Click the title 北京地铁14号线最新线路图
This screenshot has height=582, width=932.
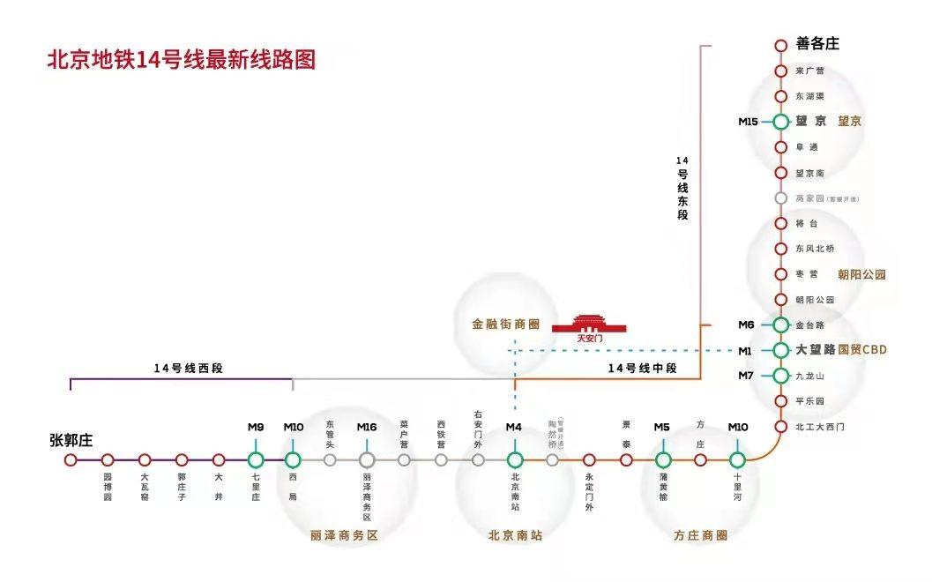point(181,61)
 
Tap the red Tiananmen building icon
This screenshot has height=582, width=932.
point(589,325)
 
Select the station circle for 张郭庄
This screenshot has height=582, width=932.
point(71,459)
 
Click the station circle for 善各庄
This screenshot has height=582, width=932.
point(780,45)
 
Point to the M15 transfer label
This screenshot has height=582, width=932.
point(748,122)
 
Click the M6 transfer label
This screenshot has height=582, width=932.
point(746,325)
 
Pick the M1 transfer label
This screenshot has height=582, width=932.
point(746,351)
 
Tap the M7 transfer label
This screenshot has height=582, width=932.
point(746,377)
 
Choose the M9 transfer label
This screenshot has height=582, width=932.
point(256,428)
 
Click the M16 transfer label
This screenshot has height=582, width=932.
point(367,428)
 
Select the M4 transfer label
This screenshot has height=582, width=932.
point(514,428)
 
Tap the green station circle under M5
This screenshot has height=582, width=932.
point(663,459)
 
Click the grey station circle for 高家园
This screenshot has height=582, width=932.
point(780,198)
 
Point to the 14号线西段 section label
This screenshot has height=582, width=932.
point(188,368)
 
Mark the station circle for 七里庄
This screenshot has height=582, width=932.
point(256,459)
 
